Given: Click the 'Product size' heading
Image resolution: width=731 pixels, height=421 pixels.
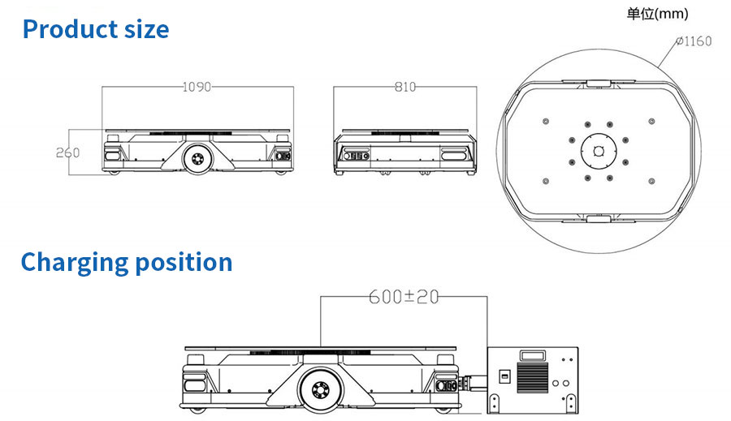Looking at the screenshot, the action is pos(96,29).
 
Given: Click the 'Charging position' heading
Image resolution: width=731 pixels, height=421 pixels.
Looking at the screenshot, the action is pos(127,262).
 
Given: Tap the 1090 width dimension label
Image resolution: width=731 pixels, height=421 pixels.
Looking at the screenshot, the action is pos(197,87).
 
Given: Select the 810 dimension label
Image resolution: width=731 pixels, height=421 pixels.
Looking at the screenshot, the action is pos(404,87).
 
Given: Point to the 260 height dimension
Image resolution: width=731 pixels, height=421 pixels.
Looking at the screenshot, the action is pos(67,153).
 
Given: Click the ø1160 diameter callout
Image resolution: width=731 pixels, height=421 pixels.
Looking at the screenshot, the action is pos(694,41).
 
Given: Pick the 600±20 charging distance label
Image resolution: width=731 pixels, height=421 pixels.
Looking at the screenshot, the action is pos(404,297).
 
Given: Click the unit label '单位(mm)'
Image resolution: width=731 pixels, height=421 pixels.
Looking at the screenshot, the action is pos(657,14).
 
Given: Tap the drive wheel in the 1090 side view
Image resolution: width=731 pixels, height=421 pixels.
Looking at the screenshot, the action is pos(197,159).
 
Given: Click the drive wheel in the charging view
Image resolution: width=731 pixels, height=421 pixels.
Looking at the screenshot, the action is pos(320,389).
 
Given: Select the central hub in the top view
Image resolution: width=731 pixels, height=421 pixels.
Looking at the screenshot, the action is pos(599,152).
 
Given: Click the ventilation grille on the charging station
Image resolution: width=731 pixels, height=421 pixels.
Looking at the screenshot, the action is pos(532,377).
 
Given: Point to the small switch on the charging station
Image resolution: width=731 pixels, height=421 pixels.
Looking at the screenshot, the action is pos(504,376).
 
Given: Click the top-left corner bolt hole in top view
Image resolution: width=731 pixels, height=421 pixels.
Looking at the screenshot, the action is pos(546,122).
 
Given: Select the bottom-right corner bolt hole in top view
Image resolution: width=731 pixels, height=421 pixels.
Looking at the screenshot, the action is pos(651,181).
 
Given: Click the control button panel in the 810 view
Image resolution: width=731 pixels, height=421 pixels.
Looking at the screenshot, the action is pos(357,156).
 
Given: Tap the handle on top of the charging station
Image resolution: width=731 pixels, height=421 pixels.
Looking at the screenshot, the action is pos(533,356).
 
